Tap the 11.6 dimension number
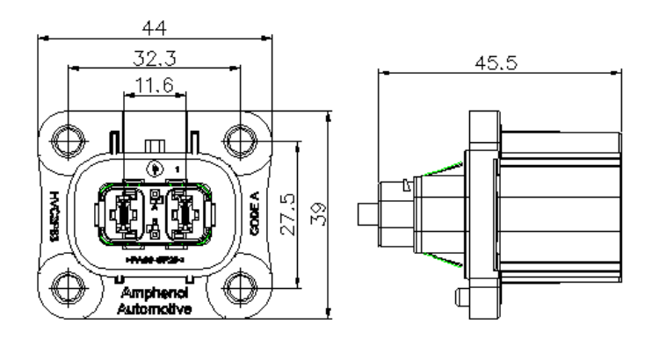coord(156,85)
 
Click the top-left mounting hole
coord(68,138)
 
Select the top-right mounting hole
coord(239,138)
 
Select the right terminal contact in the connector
coord(185,213)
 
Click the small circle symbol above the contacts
coord(156,168)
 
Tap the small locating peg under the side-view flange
coord(459,297)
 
